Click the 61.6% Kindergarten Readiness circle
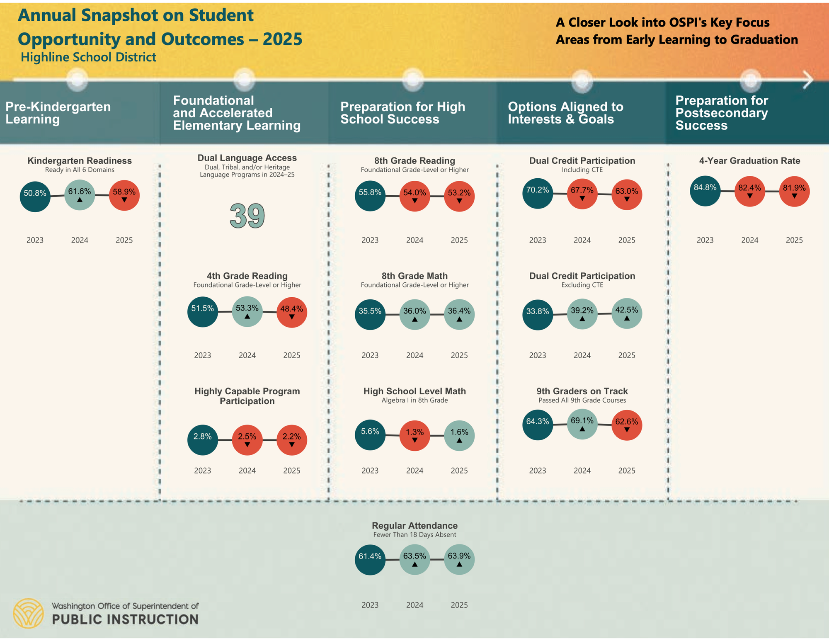coord(80,195)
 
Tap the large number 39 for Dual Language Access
coord(247,216)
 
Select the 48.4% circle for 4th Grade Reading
coord(292,312)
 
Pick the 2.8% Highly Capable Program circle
coord(203,440)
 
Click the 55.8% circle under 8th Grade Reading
coord(370,196)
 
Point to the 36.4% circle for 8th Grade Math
coord(459,314)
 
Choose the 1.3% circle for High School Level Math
coord(414,436)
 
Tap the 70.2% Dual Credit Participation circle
coord(538,193)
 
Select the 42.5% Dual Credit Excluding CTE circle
coord(627,313)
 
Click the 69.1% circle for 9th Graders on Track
coord(582,424)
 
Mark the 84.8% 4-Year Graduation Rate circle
coord(705,191)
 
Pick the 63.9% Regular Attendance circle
coord(459,559)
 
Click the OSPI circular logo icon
coord(28,613)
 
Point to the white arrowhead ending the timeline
coord(808,79)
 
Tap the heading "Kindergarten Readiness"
coord(80,161)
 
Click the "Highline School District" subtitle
coord(88,57)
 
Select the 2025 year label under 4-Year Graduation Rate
coord(794,240)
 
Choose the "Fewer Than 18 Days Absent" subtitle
coord(414,535)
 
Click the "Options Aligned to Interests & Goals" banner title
coord(565,113)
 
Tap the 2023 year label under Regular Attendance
coord(370,605)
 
